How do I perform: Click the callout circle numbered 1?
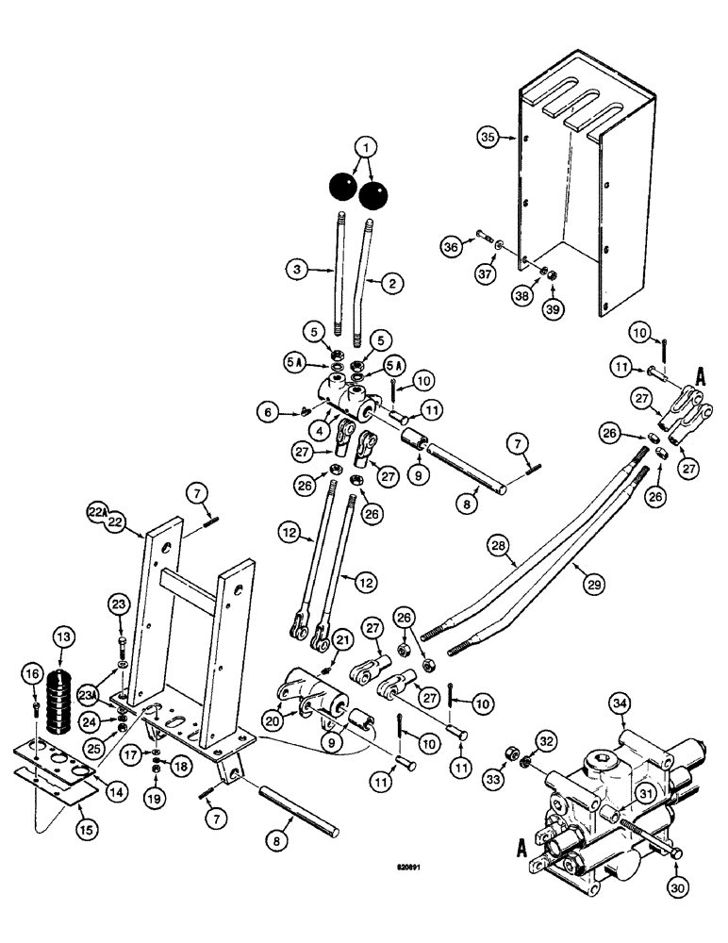pyautogui.click(x=364, y=147)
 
